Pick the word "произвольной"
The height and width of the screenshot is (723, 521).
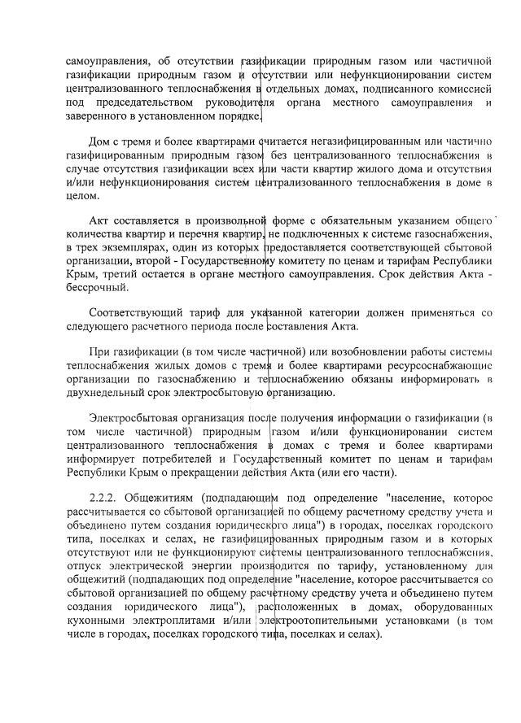[226, 220]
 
